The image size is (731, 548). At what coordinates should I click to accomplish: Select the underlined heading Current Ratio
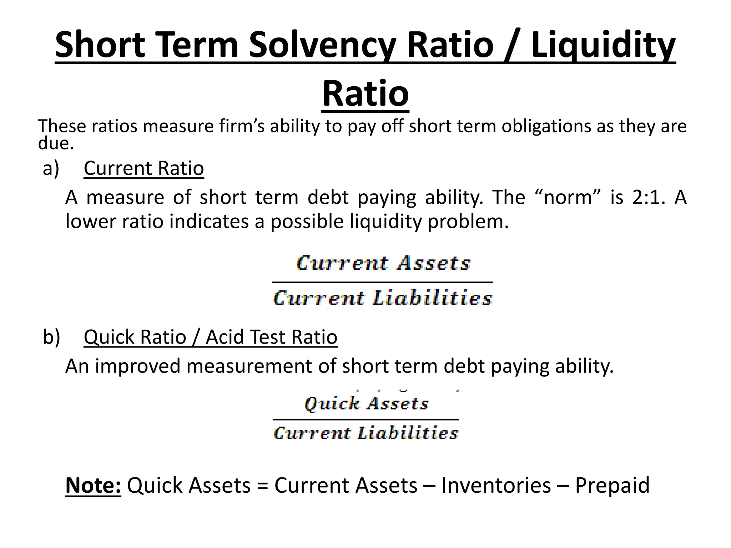(144, 168)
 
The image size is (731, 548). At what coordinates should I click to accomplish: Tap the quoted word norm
(568, 197)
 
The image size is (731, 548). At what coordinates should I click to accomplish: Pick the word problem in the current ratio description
(468, 222)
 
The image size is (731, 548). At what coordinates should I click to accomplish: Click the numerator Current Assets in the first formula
(383, 263)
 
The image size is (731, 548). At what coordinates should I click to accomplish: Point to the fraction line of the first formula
(382, 282)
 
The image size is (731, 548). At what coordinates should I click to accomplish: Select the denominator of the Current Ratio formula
(382, 298)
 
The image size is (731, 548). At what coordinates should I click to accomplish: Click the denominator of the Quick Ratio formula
(366, 433)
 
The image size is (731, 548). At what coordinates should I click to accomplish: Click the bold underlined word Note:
(93, 486)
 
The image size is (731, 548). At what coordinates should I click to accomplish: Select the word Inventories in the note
(496, 486)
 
